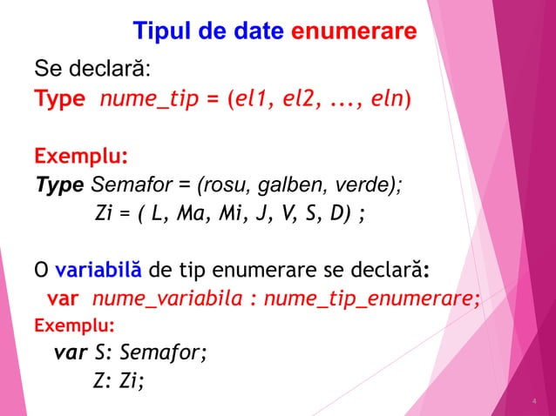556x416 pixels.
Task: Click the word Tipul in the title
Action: click(161, 33)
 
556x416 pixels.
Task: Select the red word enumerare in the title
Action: click(354, 33)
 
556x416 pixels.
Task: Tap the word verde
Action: click(361, 185)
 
